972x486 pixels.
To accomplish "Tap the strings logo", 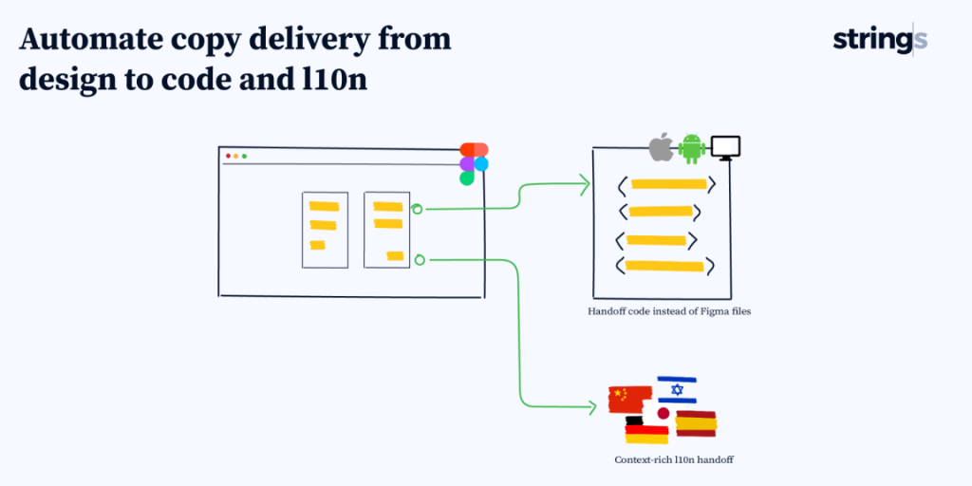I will point(879,40).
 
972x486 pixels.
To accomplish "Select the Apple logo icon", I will point(661,148).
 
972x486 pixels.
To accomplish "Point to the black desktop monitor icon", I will point(725,148).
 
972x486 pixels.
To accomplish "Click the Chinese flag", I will point(628,399).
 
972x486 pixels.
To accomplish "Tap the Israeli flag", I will point(677,389).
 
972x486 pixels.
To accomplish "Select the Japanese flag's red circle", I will point(664,414).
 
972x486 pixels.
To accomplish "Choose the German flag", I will point(646,431).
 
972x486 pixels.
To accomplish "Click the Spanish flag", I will point(696,423).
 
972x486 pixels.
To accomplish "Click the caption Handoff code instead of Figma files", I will point(669,310).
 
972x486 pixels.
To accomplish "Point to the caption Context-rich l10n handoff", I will point(674,459).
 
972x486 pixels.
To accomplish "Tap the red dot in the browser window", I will point(228,156).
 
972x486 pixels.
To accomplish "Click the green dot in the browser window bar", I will point(244,156).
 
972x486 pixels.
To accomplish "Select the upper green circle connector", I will point(417,208).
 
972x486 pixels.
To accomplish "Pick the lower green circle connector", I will point(420,258).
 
